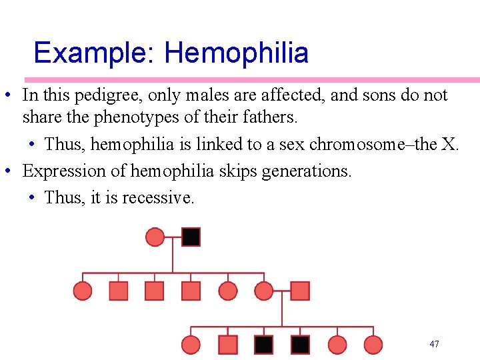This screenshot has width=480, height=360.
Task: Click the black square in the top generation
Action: [x=191, y=237]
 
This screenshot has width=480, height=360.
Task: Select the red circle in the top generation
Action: [x=155, y=237]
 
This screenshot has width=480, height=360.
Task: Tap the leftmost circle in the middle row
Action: [x=82, y=291]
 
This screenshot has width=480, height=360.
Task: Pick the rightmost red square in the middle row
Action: [x=300, y=291]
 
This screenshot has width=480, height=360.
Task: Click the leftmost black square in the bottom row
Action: [x=264, y=345]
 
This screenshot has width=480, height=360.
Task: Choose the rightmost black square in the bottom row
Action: [x=300, y=345]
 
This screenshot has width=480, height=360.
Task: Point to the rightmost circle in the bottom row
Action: [x=373, y=345]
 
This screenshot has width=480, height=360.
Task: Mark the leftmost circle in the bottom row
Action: [x=191, y=345]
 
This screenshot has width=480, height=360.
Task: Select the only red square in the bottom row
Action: [x=228, y=345]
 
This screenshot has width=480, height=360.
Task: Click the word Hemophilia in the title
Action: [x=236, y=53]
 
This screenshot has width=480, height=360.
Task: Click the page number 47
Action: [x=434, y=344]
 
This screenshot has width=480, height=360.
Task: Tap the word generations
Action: [x=306, y=171]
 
